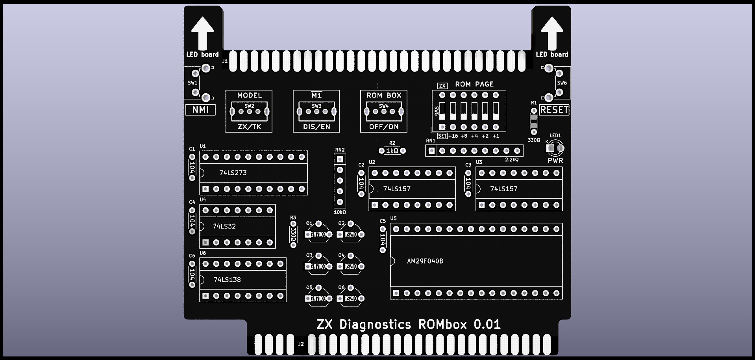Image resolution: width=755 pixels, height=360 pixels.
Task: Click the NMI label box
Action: pyautogui.click(x=200, y=110)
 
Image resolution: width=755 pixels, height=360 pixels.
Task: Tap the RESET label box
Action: pyautogui.click(x=554, y=110)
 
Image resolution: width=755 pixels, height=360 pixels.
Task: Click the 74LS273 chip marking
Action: pyautogui.click(x=233, y=173)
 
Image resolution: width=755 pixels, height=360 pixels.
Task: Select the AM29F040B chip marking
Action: pyautogui.click(x=425, y=261)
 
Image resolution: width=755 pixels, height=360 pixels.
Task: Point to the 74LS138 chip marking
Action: pyautogui.click(x=227, y=280)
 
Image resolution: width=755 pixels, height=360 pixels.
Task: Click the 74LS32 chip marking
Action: pyautogui.click(x=224, y=226)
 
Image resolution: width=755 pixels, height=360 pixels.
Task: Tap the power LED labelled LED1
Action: pyautogui.click(x=555, y=148)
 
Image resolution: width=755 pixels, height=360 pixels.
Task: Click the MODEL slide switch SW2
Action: pyautogui.click(x=249, y=112)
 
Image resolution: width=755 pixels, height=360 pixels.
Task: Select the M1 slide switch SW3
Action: pyautogui.click(x=316, y=112)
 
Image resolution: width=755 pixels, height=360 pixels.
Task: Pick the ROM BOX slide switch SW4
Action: pyautogui.click(x=384, y=112)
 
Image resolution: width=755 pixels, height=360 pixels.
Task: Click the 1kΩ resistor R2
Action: pyautogui.click(x=392, y=151)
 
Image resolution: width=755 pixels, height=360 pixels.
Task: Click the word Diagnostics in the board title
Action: pyautogui.click(x=375, y=325)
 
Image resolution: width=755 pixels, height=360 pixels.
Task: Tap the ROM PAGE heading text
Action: pyautogui.click(x=474, y=84)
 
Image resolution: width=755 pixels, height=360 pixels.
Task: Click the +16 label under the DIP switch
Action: pyautogui.click(x=453, y=136)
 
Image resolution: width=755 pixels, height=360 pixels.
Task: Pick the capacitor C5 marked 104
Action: pyautogui.click(x=383, y=240)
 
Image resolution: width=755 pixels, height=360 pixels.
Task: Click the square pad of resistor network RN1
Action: pyautogui.click(x=432, y=151)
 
